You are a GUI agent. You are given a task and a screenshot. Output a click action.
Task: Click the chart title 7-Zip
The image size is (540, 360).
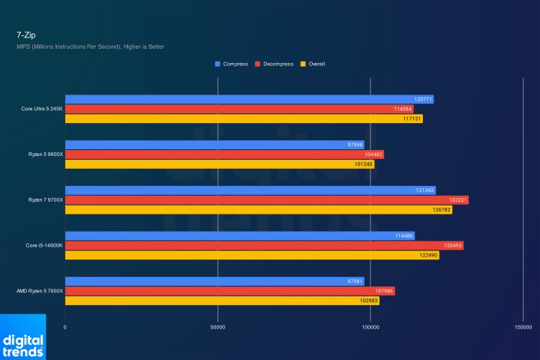click(25, 34)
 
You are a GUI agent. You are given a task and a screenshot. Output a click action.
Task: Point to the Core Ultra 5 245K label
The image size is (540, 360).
click(42, 109)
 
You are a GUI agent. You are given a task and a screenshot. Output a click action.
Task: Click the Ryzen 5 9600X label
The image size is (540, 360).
click(46, 154)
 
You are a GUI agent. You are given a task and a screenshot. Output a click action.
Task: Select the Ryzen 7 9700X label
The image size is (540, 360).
click(46, 200)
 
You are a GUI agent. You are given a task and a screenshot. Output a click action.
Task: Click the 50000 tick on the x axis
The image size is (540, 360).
click(217, 327)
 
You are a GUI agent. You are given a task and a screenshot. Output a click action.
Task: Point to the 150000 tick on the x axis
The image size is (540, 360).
click(523, 327)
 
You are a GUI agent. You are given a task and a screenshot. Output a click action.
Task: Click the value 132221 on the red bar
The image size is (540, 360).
click(456, 200)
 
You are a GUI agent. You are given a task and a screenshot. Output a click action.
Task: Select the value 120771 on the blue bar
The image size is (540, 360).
click(423, 99)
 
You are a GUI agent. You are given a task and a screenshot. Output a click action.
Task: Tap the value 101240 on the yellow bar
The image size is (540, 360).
click(363, 164)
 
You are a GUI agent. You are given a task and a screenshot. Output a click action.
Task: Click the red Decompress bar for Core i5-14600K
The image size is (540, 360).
click(262, 245)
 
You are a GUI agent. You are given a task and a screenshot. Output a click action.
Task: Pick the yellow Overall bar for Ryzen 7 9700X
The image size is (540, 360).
click(255, 210)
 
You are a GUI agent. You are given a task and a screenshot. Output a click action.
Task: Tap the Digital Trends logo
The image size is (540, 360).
click(22, 337)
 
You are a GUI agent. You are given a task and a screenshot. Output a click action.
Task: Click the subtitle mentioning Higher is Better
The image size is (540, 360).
click(90, 46)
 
